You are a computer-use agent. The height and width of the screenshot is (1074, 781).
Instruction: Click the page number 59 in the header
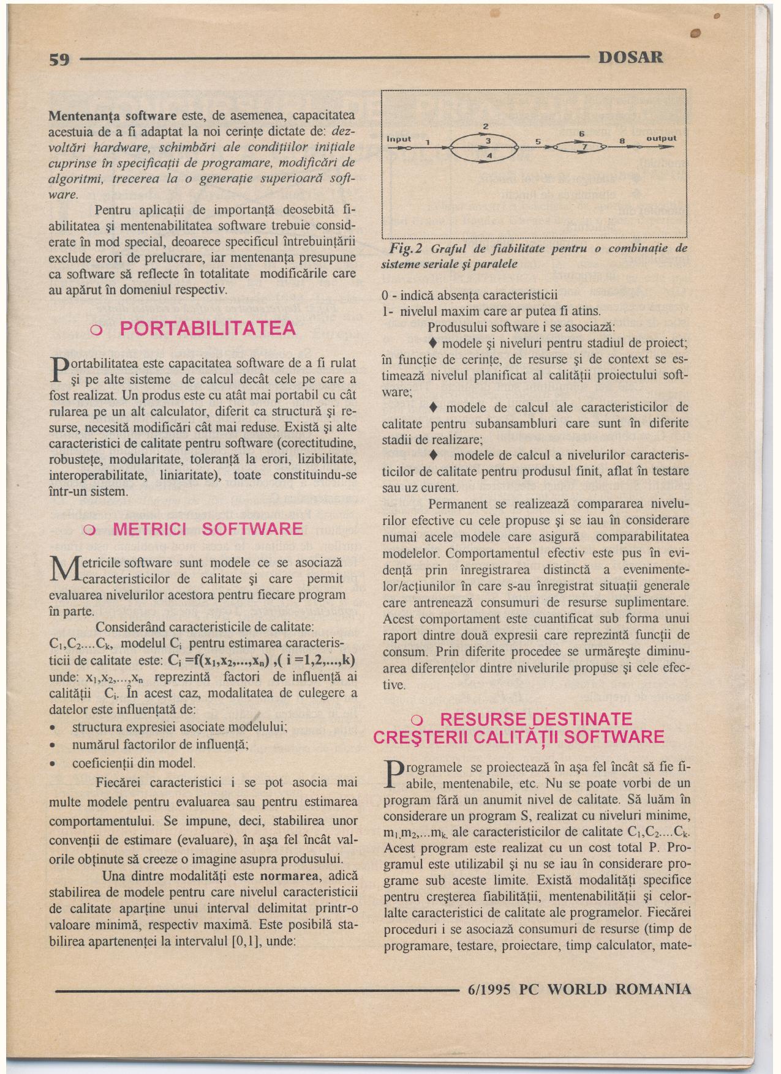point(61,59)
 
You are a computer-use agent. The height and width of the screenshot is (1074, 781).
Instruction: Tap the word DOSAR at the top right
point(630,58)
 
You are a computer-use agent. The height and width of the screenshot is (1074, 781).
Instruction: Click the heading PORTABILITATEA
point(208,329)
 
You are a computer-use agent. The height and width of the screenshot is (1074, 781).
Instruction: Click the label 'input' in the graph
point(399,139)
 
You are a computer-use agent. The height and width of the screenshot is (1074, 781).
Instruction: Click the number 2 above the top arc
point(485,126)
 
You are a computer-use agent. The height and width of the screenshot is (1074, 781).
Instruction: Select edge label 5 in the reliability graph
point(537,141)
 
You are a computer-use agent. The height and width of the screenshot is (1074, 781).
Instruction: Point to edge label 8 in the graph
point(620,141)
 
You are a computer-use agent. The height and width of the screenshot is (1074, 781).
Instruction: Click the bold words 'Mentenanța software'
point(113,116)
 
